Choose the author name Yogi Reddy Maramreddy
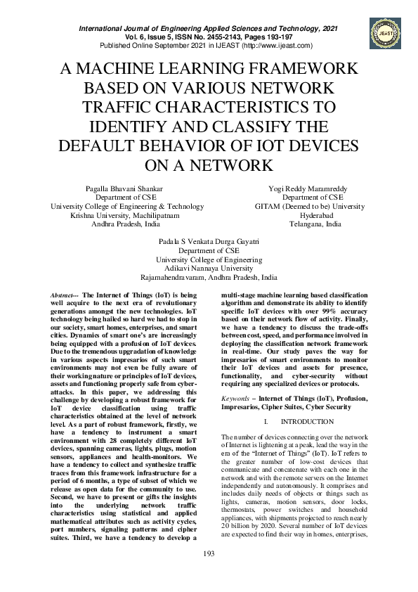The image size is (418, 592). pos(310,188)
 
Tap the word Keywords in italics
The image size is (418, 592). pos(237,398)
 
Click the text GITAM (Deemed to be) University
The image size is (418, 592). pos(310,207)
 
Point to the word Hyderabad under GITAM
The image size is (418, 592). pos(310,216)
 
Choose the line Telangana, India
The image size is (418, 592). pos(310,225)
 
